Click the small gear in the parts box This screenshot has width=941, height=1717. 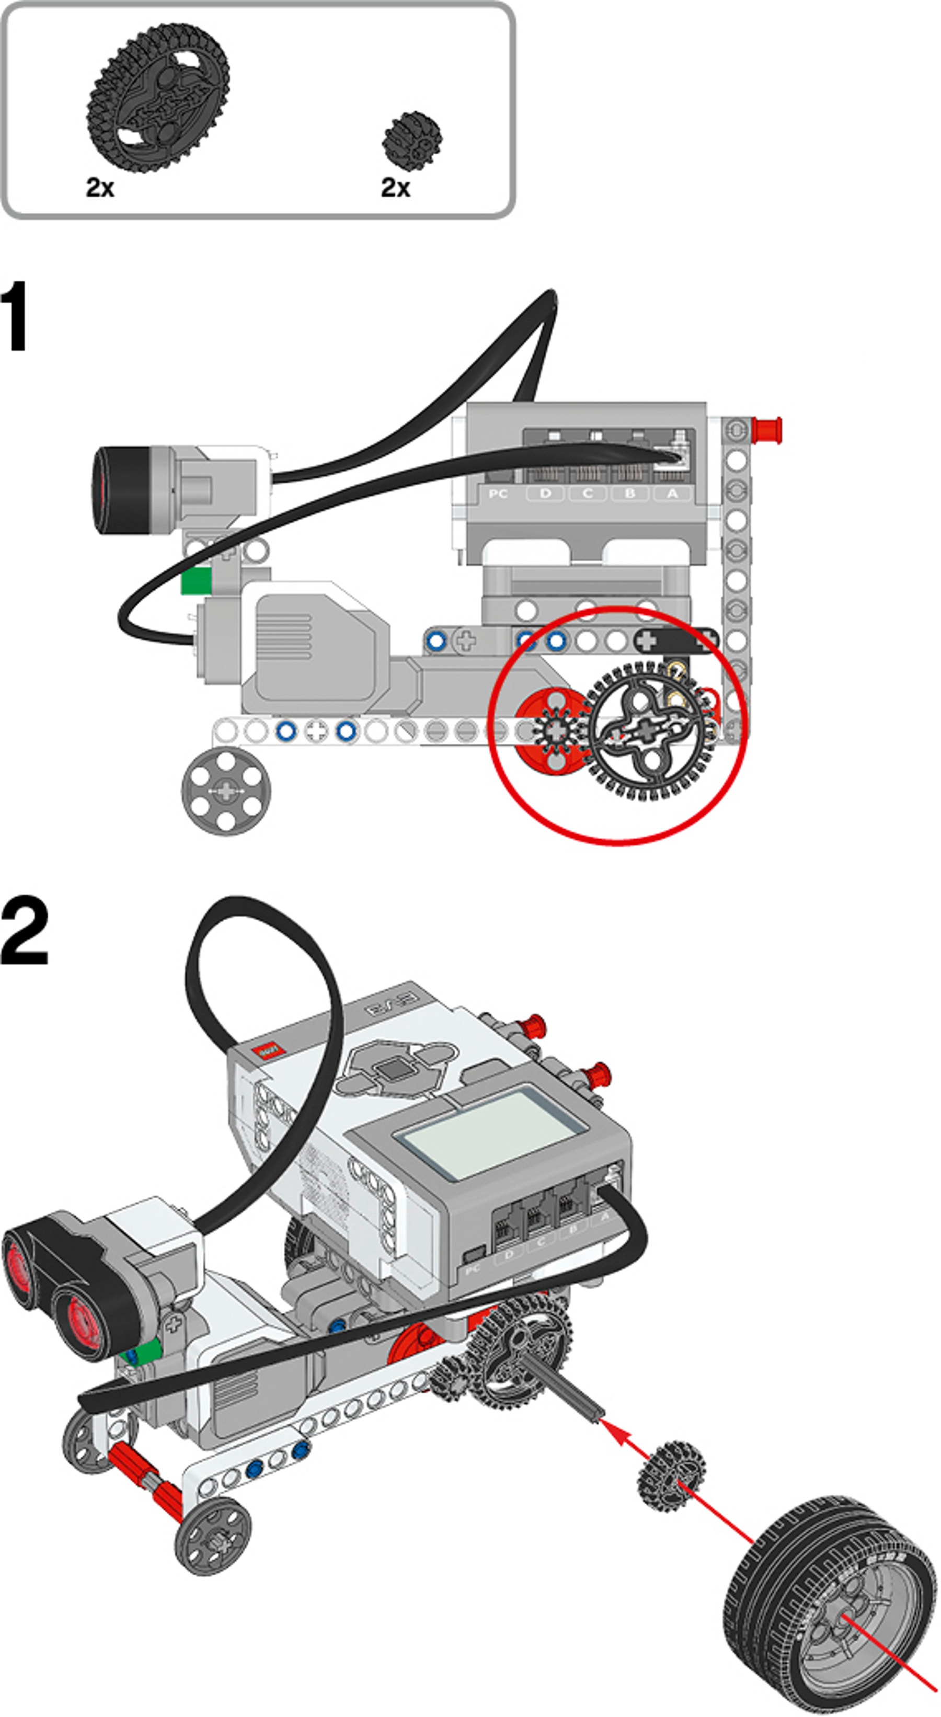[x=412, y=140]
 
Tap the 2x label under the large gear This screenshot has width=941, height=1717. [x=100, y=187]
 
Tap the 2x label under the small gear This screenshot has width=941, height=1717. [x=395, y=187]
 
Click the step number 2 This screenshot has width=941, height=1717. [x=24, y=931]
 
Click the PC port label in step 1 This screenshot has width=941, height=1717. [x=498, y=494]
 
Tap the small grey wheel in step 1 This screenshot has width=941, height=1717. [x=226, y=791]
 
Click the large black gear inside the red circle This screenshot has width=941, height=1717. [x=647, y=730]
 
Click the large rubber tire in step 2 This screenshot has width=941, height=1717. [x=829, y=1607]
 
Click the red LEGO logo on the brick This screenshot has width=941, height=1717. [x=269, y=1051]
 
